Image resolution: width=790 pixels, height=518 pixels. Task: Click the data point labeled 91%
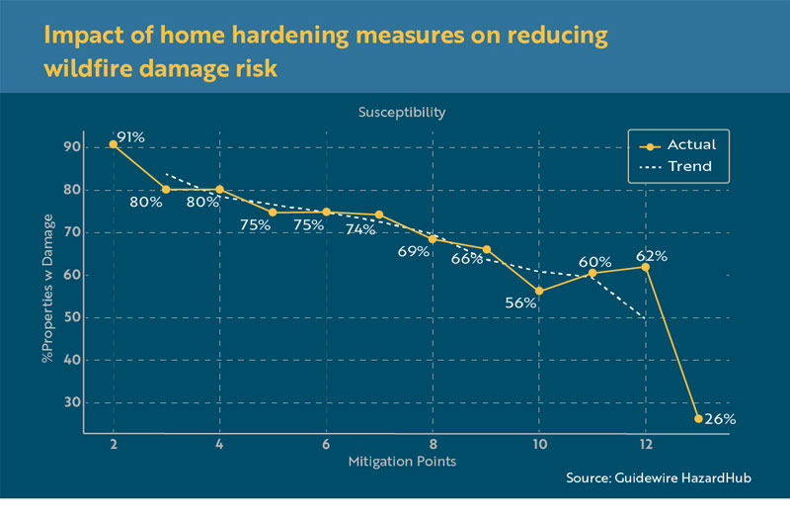113,144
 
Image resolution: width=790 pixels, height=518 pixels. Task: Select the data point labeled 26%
698,419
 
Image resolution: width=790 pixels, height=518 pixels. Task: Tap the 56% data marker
538,291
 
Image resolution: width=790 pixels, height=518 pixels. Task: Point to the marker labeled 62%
645,267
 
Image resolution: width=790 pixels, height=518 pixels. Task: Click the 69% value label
414,252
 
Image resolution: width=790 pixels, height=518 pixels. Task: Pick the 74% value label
361,229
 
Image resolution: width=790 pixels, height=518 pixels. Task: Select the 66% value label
467,259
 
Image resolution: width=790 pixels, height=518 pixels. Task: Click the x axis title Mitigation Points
403,462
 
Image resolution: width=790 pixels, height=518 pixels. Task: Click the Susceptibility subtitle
401,112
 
